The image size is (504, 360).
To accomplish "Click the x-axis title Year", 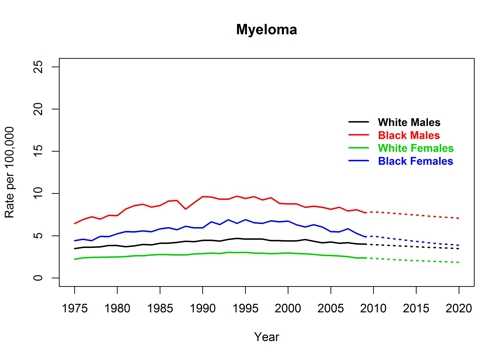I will click(x=267, y=337).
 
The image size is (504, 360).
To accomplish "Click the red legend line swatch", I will click(x=360, y=135).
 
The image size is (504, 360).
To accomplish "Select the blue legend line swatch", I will click(x=360, y=161).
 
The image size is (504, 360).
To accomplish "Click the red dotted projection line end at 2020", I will click(x=459, y=218).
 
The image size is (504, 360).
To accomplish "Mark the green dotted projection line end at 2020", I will click(x=459, y=262).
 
